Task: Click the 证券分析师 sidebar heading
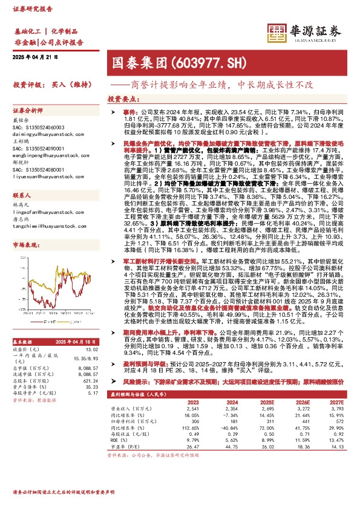click(x=28, y=111)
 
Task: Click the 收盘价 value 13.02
click(x=91, y=349)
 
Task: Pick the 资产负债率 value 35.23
click(x=91, y=387)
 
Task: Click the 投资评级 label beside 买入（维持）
click(x=27, y=85)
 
